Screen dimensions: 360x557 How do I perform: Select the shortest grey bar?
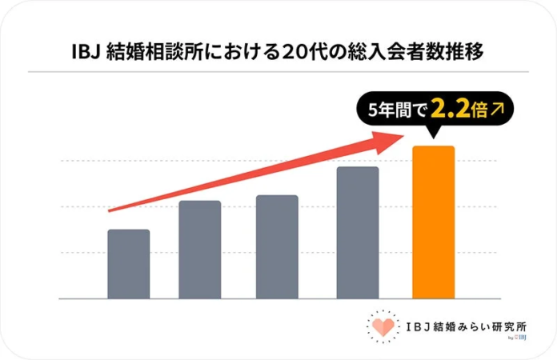tap(128, 264)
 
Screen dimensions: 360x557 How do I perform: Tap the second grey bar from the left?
tap(200, 250)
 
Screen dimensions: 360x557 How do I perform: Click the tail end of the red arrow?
tap(110, 210)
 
